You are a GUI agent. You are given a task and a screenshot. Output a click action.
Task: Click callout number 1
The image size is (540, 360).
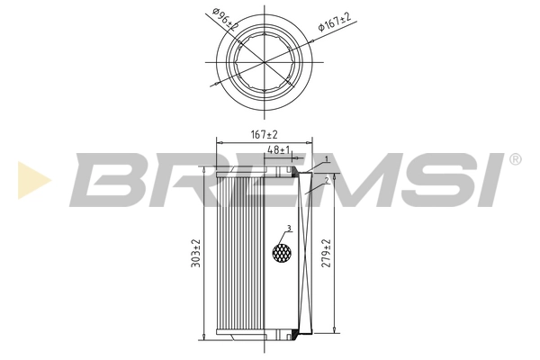pos(327,159)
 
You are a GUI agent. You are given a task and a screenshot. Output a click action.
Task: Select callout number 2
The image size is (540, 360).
pos(327,180)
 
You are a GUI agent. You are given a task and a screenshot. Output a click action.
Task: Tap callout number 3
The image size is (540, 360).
pos(288,228)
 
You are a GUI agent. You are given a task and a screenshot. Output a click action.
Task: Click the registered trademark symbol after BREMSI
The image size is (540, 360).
pos(514,159)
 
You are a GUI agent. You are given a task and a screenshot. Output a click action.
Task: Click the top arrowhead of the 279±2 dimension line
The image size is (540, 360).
pos(335,172)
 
